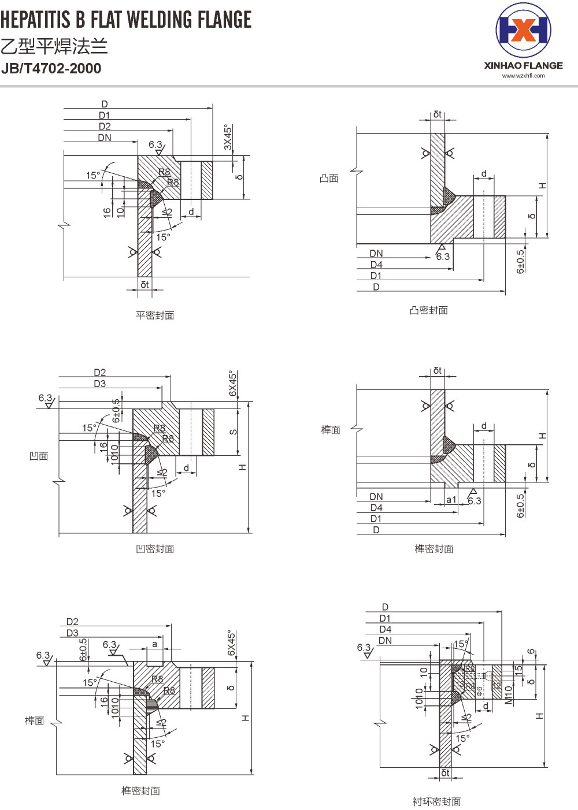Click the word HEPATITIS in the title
click(x=35, y=20)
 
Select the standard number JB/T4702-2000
click(x=51, y=69)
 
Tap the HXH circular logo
click(x=523, y=30)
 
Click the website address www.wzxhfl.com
click(x=523, y=76)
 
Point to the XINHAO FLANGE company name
click(x=523, y=66)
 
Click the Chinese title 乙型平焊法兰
click(x=54, y=46)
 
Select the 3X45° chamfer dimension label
click(x=228, y=138)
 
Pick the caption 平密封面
click(x=155, y=315)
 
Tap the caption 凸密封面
click(x=428, y=310)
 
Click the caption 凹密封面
click(x=155, y=549)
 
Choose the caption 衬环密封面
click(x=436, y=801)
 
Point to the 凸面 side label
click(x=329, y=179)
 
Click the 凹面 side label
click(x=39, y=456)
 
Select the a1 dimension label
click(x=451, y=500)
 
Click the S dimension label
click(x=234, y=432)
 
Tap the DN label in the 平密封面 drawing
click(x=105, y=138)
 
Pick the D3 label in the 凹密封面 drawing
click(x=100, y=384)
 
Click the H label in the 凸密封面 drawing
click(x=542, y=185)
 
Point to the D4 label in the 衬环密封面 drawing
click(x=386, y=629)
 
